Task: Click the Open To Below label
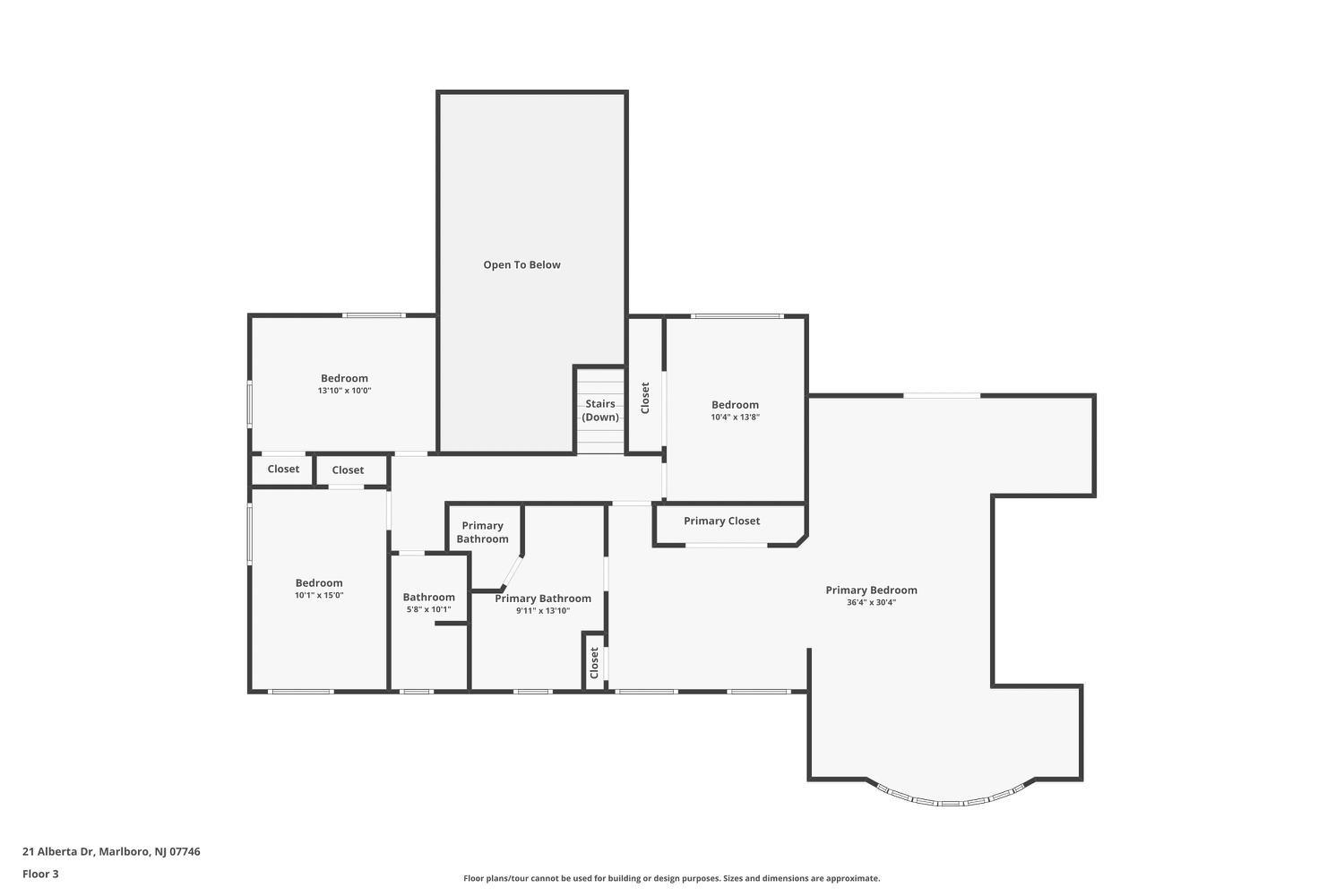521,264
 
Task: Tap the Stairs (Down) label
600,410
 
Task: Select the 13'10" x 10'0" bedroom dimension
344,391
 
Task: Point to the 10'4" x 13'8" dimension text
735,418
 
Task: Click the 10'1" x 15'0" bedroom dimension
319,595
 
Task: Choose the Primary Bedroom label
871,590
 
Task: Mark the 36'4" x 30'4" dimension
871,602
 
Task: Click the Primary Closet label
722,521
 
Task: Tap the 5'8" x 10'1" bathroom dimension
428,610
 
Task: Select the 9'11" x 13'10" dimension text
543,611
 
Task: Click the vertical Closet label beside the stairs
645,398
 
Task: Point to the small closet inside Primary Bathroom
594,662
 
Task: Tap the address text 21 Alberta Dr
58,851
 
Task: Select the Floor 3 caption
40,874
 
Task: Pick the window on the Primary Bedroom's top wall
942,395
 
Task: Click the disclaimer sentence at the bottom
671,878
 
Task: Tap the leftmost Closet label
283,469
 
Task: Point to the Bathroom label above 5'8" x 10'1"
428,597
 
